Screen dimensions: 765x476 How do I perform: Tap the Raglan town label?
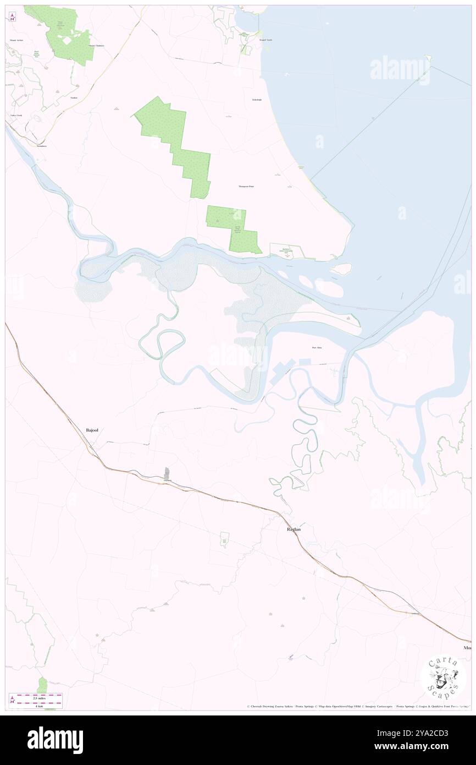pos(294,529)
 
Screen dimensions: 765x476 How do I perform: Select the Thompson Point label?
pos(246,187)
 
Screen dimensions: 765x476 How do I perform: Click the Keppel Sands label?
pos(266,40)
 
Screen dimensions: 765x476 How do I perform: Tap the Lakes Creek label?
pos(16,116)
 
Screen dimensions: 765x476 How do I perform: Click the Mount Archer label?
pos(16,40)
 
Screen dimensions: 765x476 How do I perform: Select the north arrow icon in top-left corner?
pos(12,17)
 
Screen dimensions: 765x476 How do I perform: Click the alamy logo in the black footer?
pos(55,740)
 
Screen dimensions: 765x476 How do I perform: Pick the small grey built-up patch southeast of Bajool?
pos(167,472)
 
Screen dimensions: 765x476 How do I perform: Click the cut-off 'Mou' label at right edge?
pos(467,648)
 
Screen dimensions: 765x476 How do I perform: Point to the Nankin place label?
pos(74,98)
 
